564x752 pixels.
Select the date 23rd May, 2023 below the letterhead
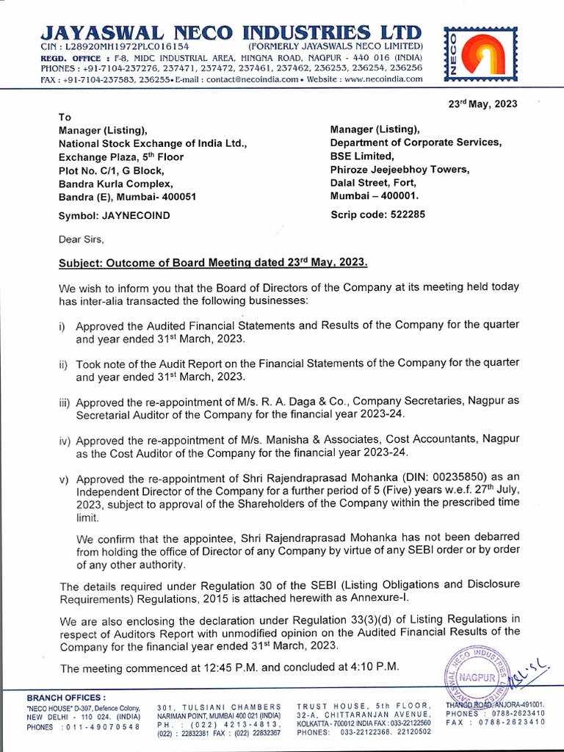(482, 104)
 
